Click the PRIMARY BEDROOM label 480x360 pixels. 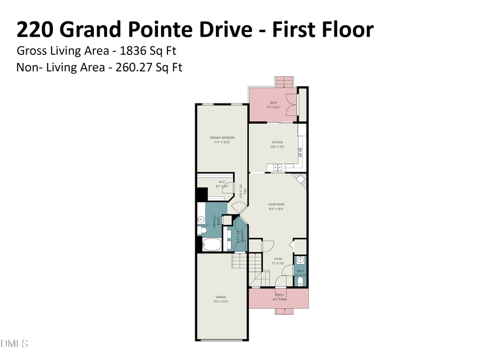tap(222, 138)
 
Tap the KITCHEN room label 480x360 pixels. tap(277, 142)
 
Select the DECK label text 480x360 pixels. tap(273, 102)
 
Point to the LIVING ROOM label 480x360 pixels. tap(276, 204)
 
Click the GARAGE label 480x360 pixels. tap(221, 297)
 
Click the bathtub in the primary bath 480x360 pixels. tap(212, 244)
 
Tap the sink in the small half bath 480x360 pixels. tap(300, 260)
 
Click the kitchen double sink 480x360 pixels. tap(278, 167)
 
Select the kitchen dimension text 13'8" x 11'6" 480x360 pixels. tap(277, 147)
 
